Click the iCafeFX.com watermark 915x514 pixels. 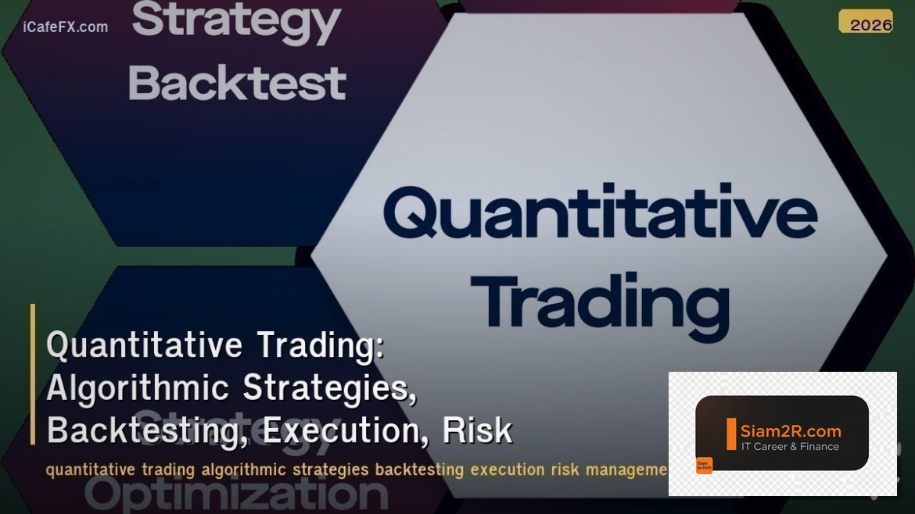[66, 27]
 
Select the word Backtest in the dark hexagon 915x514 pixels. [237, 84]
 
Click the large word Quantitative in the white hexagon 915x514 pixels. [600, 214]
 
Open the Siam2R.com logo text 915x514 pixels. [790, 430]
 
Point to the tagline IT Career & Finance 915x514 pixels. [790, 447]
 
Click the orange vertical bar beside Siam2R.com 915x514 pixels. [731, 434]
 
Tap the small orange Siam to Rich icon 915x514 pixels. [704, 466]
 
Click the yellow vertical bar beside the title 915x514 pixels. [33, 374]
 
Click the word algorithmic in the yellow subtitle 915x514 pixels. [245, 470]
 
